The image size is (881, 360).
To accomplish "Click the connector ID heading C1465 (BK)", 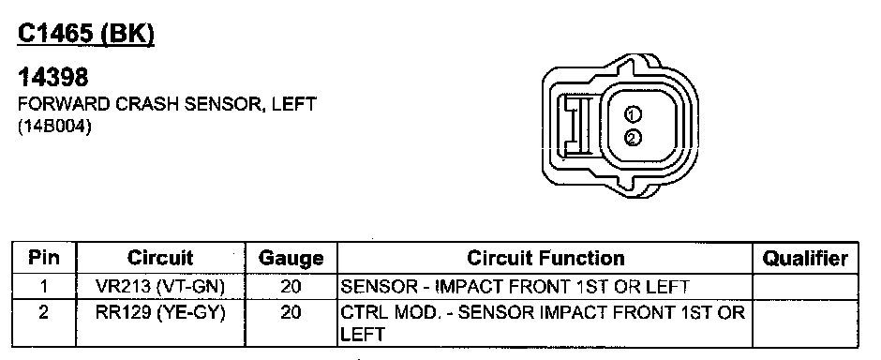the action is coord(86,35).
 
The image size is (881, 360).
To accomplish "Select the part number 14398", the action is coord(53,78).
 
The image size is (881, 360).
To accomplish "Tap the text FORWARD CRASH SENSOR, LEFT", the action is coord(168,104).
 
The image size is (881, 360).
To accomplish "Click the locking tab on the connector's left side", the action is coord(575,126).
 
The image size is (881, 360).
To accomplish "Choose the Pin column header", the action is coord(44,259).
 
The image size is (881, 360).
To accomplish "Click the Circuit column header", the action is coord(160,259).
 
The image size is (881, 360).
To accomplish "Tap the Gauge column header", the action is coord(291,259).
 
